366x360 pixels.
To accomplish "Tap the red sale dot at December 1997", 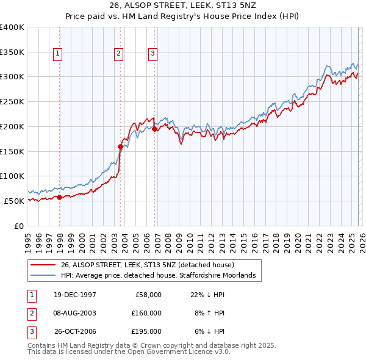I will [59, 197].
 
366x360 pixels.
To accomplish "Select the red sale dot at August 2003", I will [120, 146].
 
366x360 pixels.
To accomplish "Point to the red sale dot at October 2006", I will [155, 129].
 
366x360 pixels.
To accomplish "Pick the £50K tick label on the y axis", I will [14, 201].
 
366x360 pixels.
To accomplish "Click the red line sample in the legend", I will [43, 265].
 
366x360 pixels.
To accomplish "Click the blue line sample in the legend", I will [43, 276].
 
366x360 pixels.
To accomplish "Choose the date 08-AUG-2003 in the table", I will [75, 313].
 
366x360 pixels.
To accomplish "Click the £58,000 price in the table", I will [148, 295].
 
